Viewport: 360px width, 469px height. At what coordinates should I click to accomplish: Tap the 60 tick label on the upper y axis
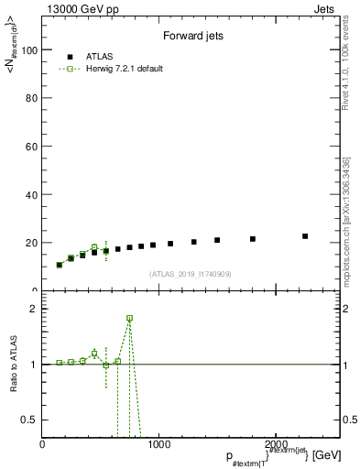tap(33, 147)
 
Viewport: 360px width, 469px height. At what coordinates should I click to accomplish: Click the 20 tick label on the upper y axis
tap(33, 243)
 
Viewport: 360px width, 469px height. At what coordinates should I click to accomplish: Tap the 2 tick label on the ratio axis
tap(35, 309)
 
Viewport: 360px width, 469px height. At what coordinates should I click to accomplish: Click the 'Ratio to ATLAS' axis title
tap(15, 364)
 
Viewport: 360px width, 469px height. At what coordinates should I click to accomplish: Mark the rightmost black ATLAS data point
tap(305, 236)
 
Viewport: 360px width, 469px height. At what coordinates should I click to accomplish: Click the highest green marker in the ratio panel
tap(129, 318)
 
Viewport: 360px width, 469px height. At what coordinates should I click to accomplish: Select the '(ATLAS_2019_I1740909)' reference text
tap(191, 274)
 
